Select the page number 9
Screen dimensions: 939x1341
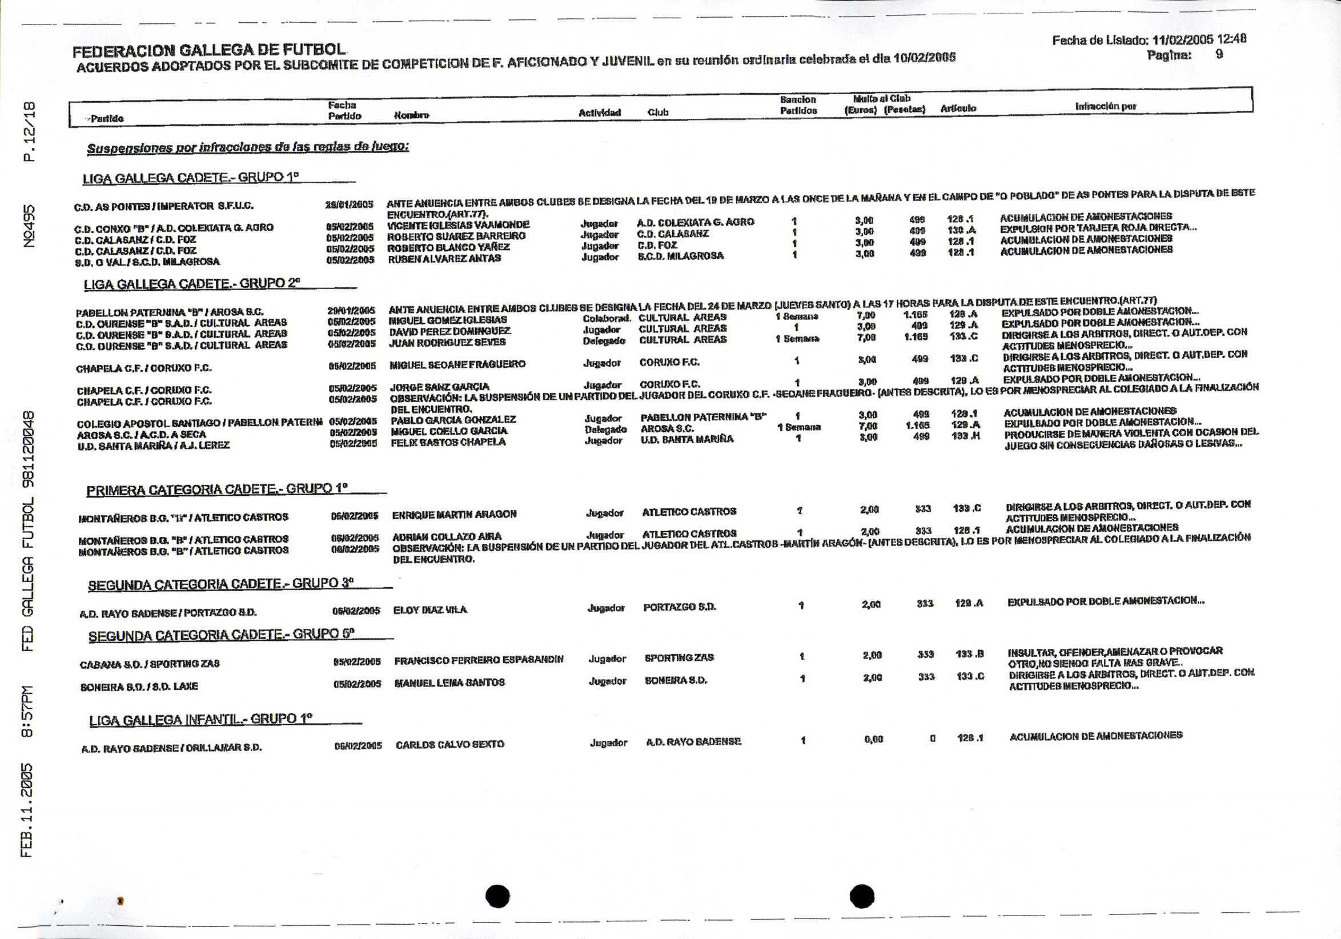tap(1219, 55)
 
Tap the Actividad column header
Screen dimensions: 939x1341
tap(599, 113)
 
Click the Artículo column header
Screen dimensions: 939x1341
tap(958, 109)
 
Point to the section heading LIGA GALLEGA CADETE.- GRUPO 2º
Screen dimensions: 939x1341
tap(192, 284)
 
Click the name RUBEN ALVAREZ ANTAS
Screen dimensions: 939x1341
tap(444, 258)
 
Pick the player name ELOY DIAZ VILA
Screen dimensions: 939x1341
tap(430, 610)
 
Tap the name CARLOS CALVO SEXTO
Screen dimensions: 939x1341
tap(449, 745)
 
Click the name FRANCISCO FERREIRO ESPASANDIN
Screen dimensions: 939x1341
tap(479, 660)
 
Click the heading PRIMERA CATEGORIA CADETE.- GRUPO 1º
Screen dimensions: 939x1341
tap(217, 490)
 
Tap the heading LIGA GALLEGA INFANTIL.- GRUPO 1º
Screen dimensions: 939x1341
tap(202, 720)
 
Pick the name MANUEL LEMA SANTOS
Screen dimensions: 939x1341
tap(449, 683)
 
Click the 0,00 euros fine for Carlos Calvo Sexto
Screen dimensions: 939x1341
tap(873, 739)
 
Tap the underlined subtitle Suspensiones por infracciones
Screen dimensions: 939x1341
tap(248, 148)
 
